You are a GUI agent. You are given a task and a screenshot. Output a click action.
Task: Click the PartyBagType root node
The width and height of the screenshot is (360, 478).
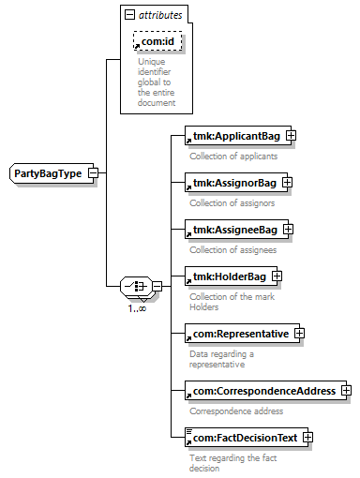(52, 173)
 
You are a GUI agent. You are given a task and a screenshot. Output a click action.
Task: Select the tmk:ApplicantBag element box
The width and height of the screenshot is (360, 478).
(238, 136)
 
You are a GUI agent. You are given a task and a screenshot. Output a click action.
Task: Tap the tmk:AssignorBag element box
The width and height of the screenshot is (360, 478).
(236, 183)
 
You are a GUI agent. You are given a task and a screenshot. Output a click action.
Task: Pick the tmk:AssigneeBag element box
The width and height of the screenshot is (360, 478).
(236, 230)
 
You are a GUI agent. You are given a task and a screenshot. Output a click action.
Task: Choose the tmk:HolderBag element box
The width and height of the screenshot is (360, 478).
(231, 276)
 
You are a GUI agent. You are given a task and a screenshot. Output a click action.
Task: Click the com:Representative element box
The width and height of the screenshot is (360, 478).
(242, 334)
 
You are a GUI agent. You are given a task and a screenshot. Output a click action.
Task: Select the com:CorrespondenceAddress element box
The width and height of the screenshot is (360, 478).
(265, 391)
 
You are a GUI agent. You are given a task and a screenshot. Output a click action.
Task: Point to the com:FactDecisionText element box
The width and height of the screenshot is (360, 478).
(247, 438)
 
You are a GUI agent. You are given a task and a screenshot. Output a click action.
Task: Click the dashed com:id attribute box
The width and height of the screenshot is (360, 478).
(157, 41)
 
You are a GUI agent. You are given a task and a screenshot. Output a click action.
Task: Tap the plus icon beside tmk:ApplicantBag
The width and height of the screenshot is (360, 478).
(292, 136)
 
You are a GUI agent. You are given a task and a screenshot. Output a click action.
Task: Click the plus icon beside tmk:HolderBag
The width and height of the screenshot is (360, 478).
(277, 276)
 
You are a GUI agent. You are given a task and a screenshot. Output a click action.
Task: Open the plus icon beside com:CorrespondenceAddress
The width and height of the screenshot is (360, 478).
(347, 391)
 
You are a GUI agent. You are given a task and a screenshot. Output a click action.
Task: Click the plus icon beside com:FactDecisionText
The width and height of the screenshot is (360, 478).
(307, 438)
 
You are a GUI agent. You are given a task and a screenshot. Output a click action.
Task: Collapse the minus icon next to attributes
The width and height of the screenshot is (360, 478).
(129, 14)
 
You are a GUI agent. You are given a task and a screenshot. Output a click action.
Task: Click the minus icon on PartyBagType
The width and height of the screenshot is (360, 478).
(94, 173)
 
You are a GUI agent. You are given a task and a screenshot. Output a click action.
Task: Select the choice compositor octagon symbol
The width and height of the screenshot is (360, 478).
(137, 286)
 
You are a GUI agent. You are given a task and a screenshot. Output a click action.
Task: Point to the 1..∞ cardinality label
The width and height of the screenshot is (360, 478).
(137, 308)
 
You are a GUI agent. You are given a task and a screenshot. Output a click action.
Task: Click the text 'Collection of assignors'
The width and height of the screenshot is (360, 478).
(232, 203)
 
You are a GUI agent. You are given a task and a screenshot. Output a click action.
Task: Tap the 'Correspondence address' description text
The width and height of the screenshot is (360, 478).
(236, 411)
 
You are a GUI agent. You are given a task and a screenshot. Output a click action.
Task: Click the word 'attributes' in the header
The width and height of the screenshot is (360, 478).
(160, 15)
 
